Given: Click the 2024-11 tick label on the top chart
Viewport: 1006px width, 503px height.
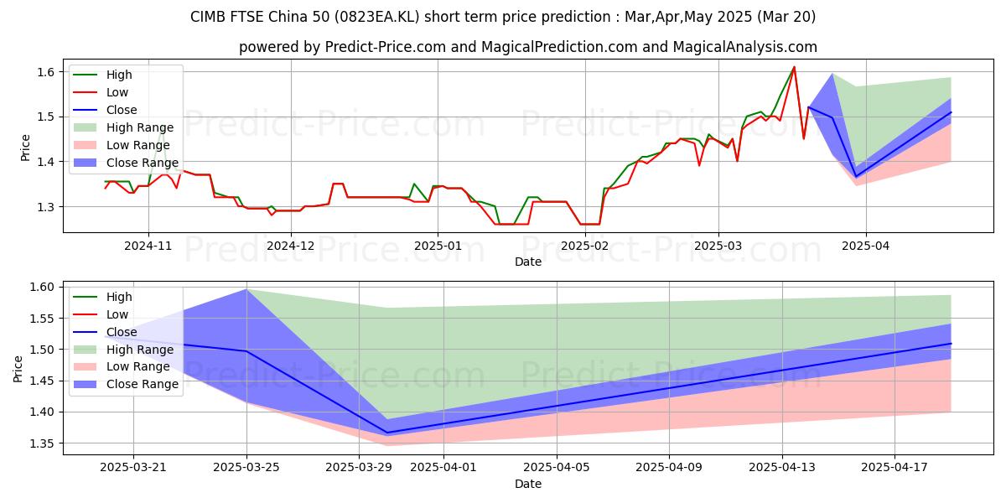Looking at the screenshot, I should pyautogui.click(x=148, y=246).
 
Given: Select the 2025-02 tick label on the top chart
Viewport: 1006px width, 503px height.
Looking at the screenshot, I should pyautogui.click(x=585, y=246).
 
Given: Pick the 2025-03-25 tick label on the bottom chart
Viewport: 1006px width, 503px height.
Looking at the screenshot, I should pyautogui.click(x=246, y=468).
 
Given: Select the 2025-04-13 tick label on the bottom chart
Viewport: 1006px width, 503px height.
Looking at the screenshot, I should pyautogui.click(x=781, y=468).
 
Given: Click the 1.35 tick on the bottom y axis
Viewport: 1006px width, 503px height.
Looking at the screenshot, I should pyautogui.click(x=42, y=443).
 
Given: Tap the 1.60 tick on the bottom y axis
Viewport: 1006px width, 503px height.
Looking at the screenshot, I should pyautogui.click(x=42, y=287).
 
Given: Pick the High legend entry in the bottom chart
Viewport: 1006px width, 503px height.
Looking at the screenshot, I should pyautogui.click(x=119, y=297).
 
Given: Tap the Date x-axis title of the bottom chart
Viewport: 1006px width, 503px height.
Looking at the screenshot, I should pyautogui.click(x=527, y=484).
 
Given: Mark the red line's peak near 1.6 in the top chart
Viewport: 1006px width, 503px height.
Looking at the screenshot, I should pyautogui.click(x=794, y=67).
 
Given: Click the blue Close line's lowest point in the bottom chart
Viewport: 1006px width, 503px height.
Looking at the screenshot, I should pyautogui.click(x=386, y=433).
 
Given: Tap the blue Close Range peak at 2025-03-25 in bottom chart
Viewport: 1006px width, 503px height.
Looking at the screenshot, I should pyautogui.click(x=246, y=289).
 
